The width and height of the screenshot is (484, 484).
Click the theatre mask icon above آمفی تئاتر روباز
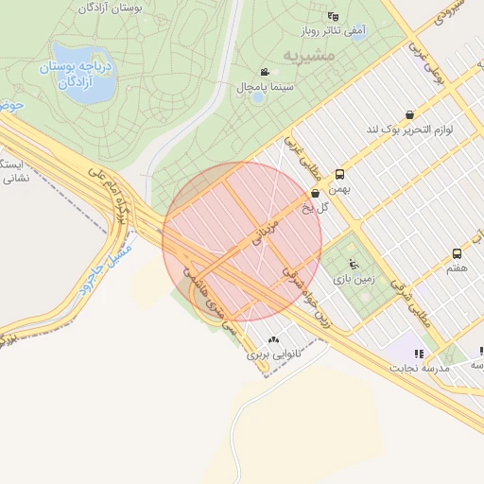coord(331,16)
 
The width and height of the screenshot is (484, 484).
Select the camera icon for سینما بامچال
coord(264,73)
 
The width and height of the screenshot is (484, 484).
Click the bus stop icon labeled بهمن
coord(339,174)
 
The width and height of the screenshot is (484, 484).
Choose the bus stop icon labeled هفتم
coord(457,254)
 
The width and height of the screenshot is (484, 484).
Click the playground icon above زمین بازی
coord(354,265)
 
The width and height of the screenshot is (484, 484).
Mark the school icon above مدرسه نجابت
coord(419,353)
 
